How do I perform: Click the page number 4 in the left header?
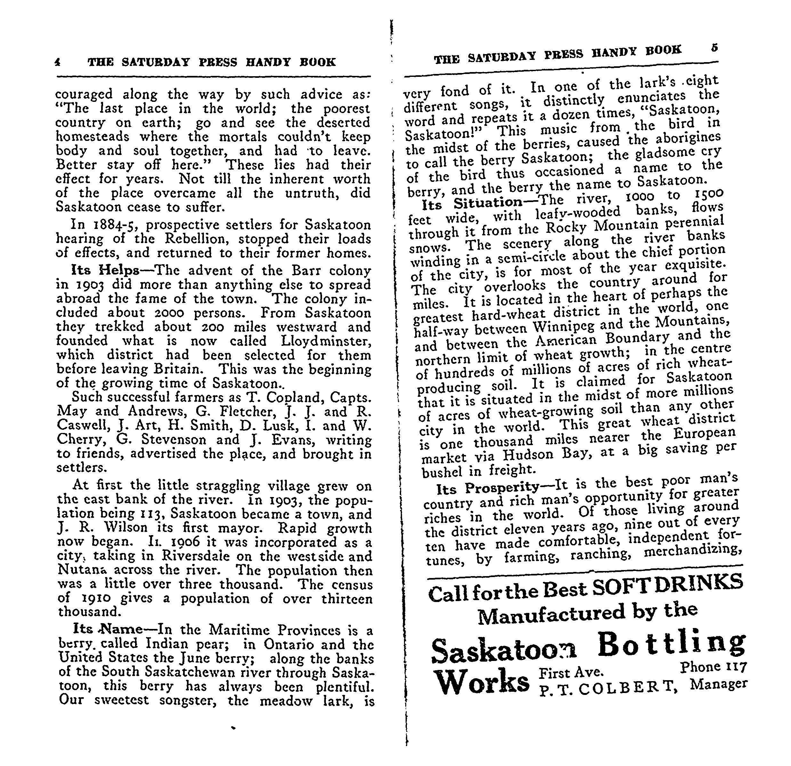[x=58, y=62]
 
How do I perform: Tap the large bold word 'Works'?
[x=483, y=681]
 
